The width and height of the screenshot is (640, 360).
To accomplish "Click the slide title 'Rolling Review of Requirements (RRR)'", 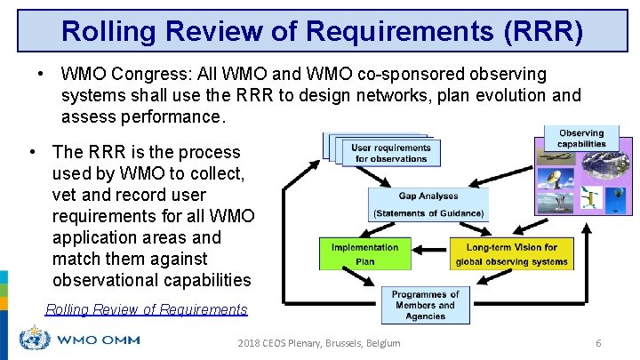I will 322,31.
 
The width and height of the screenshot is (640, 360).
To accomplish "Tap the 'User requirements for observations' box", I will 390,153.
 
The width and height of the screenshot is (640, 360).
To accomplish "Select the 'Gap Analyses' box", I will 428,204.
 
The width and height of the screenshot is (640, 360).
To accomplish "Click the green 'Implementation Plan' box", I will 364,254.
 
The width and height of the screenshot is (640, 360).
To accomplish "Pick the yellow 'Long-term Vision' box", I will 511,254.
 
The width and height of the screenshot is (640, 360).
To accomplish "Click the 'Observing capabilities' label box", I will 581,139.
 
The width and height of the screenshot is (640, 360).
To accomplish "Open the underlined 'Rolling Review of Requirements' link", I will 146,309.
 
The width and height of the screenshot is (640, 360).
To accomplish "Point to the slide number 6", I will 598,343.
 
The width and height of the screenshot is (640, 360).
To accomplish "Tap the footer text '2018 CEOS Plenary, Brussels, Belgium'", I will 319,343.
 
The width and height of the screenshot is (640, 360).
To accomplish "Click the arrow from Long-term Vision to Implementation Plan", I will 430,251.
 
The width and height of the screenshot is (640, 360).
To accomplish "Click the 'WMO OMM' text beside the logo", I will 98,340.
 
